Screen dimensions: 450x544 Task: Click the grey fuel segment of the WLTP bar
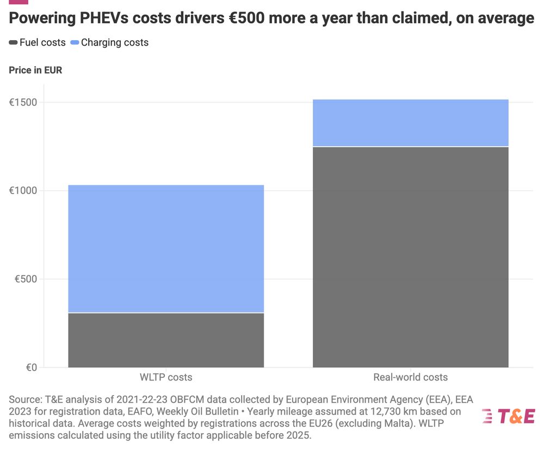click(166, 340)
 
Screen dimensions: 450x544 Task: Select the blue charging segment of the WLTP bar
click(166, 249)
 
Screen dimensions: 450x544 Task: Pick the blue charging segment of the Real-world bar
click(411, 123)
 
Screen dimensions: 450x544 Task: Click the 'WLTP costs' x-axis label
click(166, 377)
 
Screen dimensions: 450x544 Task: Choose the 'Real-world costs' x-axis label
click(411, 377)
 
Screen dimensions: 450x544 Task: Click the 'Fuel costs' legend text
click(42, 42)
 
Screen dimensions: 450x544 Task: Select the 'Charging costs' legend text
click(115, 42)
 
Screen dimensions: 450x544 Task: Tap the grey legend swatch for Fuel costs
click(13, 42)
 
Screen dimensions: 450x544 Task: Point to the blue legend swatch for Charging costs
click(75, 42)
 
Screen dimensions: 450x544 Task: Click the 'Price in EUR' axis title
click(35, 70)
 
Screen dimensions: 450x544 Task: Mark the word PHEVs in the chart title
click(103, 18)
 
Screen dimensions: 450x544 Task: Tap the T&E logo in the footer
click(508, 416)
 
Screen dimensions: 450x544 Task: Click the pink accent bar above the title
click(18, 2)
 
